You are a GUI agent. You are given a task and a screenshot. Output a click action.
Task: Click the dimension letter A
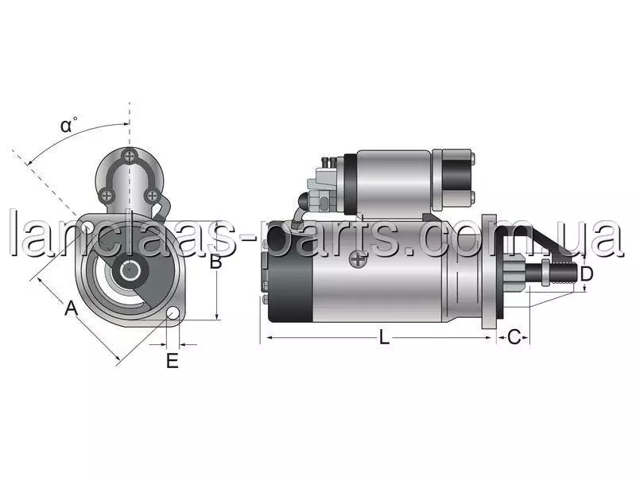tap(71, 308)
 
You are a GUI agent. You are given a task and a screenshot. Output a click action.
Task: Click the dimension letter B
tap(215, 262)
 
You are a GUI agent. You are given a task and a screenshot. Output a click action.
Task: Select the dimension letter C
tap(514, 337)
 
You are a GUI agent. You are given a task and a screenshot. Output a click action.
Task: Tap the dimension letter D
tap(587, 274)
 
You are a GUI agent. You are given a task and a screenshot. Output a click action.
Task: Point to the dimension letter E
tap(173, 361)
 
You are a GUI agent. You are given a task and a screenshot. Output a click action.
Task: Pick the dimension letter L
tap(384, 337)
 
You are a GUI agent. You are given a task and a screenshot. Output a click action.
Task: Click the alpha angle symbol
tap(68, 126)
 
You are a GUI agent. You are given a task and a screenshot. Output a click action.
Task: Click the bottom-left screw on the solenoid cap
tap(106, 196)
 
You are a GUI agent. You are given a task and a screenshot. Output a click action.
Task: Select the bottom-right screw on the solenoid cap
tap(152, 196)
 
